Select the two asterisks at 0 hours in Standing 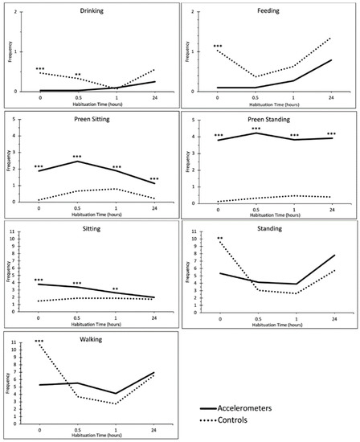click(219, 239)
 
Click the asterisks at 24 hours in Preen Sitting click(153, 179)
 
